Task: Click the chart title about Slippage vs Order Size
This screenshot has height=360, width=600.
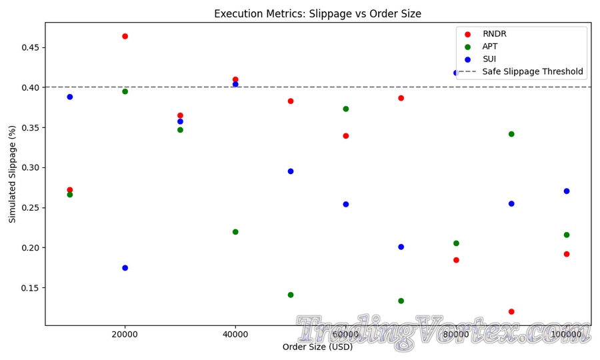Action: click(x=317, y=14)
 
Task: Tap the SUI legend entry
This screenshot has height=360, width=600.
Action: click(x=489, y=59)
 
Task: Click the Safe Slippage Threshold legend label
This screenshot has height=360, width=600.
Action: click(x=533, y=72)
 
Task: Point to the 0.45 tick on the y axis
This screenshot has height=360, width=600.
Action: click(x=30, y=48)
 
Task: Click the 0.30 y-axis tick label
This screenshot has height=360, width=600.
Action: click(x=30, y=168)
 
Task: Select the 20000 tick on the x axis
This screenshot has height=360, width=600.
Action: click(x=125, y=336)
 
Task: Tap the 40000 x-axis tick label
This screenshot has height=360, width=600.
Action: click(x=235, y=336)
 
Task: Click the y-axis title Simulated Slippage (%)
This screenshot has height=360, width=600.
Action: click(x=12, y=173)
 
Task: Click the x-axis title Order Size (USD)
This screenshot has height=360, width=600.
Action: click(x=317, y=347)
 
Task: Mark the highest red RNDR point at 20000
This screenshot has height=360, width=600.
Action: click(x=125, y=36)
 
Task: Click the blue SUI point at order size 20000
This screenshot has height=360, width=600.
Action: click(x=125, y=268)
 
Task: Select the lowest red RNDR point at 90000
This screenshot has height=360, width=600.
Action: click(x=511, y=312)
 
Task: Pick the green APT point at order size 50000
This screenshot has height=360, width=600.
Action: click(x=291, y=295)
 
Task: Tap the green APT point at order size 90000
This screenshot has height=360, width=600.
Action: click(x=511, y=134)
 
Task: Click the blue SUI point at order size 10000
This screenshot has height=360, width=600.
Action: click(x=70, y=97)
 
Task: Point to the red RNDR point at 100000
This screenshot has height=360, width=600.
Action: click(x=567, y=254)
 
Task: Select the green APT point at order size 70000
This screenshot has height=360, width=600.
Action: click(x=401, y=301)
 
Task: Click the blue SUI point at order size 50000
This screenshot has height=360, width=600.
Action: click(x=291, y=171)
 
